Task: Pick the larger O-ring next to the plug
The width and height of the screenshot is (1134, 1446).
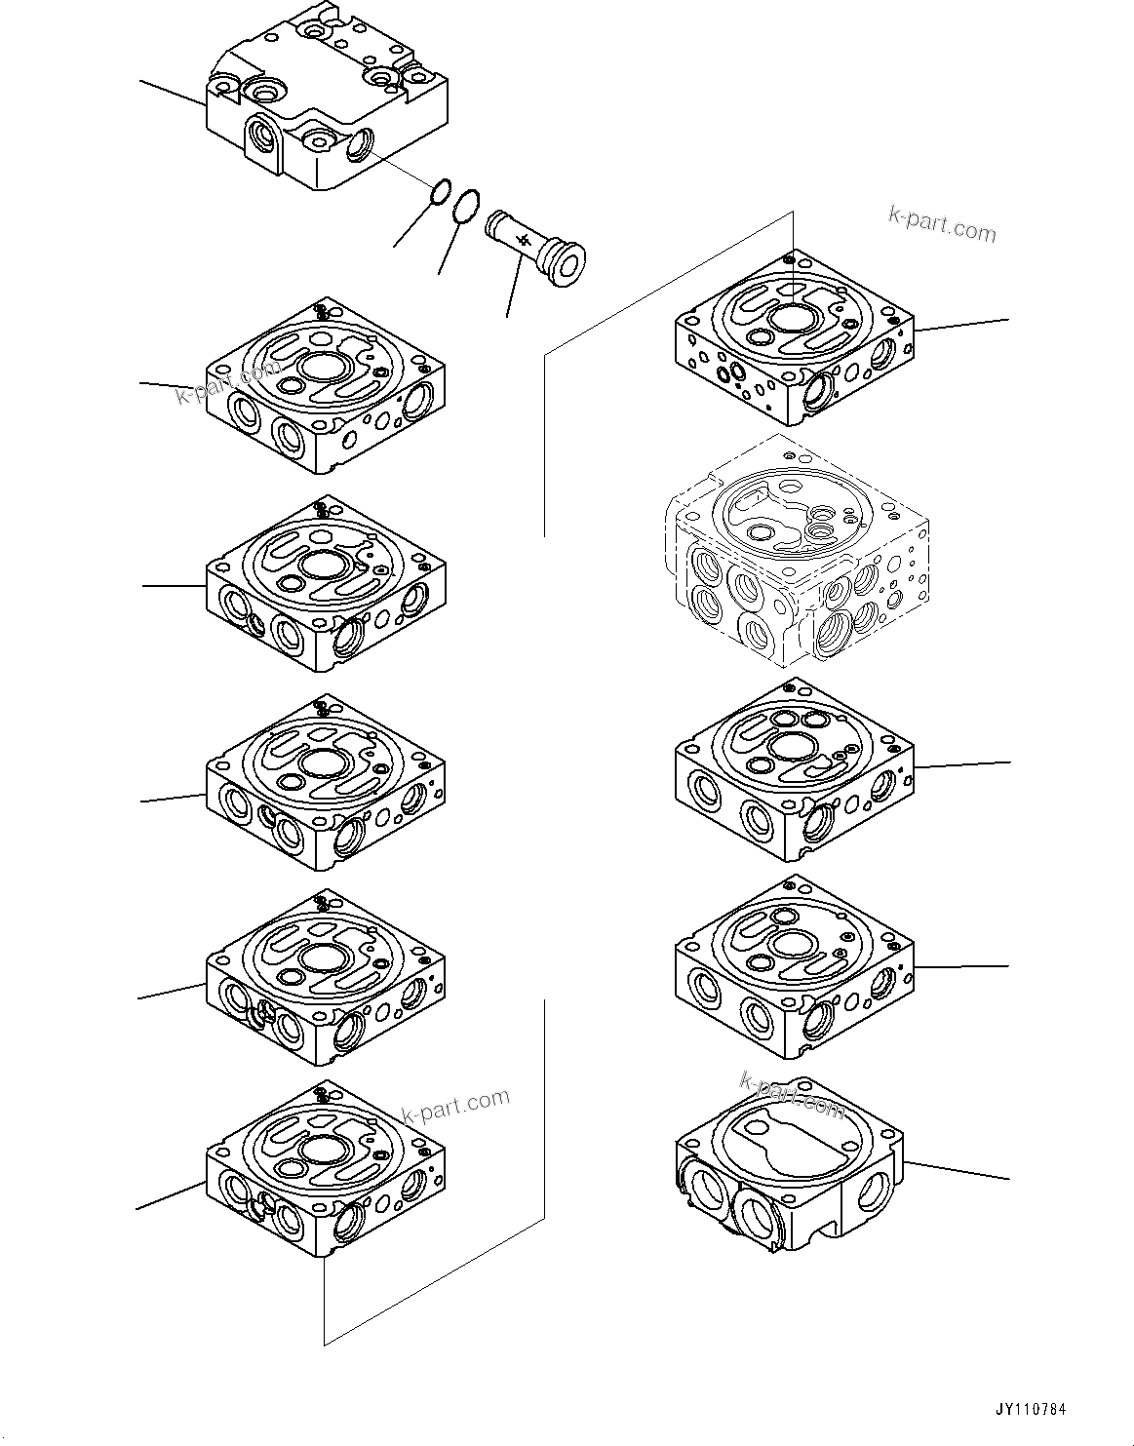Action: (466, 203)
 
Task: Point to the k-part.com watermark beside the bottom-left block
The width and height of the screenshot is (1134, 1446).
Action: (455, 1105)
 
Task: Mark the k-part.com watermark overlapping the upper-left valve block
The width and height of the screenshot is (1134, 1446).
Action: (227, 382)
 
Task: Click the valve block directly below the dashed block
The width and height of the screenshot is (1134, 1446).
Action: (795, 770)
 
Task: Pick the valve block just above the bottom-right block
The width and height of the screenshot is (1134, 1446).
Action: (795, 970)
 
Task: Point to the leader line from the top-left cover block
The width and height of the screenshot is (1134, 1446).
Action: (173, 92)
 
